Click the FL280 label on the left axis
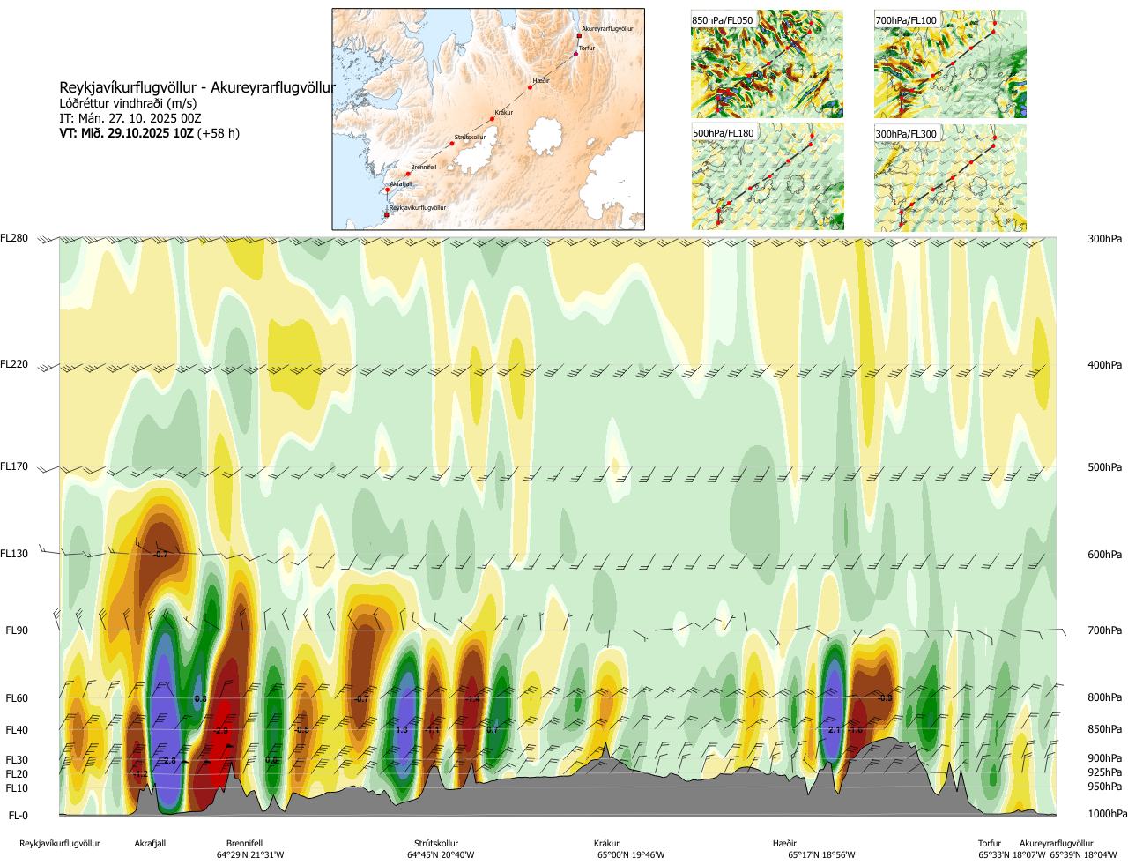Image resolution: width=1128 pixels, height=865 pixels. [14, 238]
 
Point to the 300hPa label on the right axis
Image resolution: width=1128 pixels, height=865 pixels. [1104, 239]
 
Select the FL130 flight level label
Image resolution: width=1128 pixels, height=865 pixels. [14, 554]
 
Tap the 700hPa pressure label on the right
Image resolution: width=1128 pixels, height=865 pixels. [1104, 630]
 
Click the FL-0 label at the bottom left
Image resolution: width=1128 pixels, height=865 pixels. [18, 816]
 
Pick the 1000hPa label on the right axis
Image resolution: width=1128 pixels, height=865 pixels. [1107, 814]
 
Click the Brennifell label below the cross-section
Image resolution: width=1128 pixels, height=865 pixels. [244, 844]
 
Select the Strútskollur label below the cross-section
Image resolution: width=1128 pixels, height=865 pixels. [436, 844]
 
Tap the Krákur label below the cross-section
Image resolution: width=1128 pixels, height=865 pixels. [606, 844]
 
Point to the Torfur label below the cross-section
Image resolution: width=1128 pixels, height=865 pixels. [990, 844]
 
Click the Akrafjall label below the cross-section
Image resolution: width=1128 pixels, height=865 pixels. [150, 844]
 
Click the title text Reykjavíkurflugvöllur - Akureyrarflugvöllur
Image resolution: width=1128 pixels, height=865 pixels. [197, 87]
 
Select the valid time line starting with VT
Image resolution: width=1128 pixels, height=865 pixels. [149, 134]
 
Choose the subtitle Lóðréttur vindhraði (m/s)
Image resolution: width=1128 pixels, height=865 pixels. [128, 103]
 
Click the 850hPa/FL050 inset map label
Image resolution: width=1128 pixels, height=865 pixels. [723, 20]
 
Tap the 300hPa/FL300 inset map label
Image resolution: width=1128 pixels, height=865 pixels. [906, 134]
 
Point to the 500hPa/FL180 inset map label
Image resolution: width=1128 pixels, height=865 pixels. [724, 134]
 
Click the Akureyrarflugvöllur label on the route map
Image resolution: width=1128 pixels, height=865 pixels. [607, 29]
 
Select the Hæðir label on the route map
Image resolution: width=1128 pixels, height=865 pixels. [541, 81]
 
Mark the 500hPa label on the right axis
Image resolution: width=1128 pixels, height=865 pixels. [1104, 467]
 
